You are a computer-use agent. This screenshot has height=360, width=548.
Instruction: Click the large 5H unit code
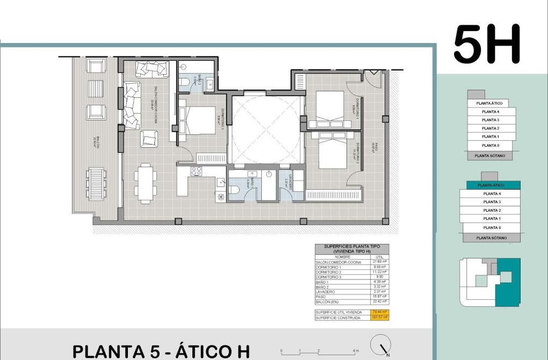click(x=487, y=44)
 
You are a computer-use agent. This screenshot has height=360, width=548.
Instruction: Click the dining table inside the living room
click(x=146, y=181)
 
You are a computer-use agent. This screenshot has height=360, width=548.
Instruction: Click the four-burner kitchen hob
click(x=196, y=172)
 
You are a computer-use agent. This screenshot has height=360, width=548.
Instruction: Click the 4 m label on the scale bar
click(x=356, y=351)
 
